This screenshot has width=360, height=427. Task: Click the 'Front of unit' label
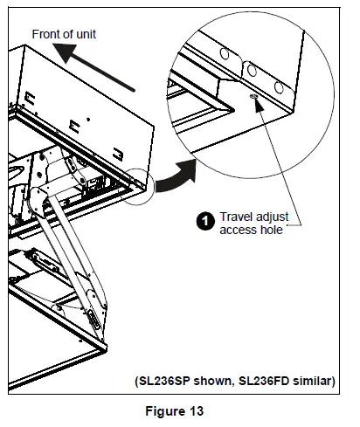pos(64,34)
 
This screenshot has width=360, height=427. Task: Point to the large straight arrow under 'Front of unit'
pos(93,67)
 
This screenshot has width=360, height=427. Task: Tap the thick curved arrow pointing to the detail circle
pos(176,176)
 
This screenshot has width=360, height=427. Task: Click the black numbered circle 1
pos(205,221)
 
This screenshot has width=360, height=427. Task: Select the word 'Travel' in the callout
pos(236,217)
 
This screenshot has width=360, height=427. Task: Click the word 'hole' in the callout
pos(272,230)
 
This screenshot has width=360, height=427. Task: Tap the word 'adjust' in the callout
pos(272,217)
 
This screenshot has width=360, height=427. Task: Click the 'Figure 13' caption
pos(174,411)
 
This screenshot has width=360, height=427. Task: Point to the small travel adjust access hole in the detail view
pos(253,97)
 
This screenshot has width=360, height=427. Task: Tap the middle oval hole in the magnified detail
pos(252,71)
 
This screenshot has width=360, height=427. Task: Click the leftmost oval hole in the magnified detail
pos(225,54)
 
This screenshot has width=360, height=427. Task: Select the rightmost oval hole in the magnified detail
pos(279,87)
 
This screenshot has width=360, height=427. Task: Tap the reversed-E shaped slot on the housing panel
pos(118,155)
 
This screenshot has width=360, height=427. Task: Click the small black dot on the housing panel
pos(88,120)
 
